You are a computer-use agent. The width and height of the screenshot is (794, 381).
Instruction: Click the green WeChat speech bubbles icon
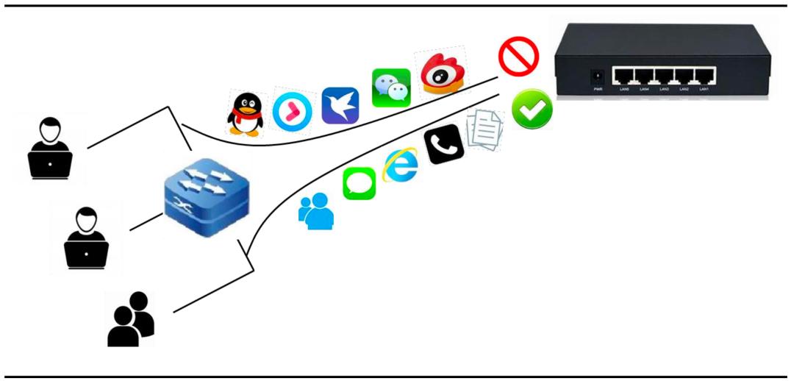(390, 88)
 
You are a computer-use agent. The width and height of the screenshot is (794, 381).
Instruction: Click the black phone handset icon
(444, 142)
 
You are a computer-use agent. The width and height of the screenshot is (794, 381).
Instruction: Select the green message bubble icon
(360, 183)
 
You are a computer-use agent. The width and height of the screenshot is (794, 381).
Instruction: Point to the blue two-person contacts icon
(316, 211)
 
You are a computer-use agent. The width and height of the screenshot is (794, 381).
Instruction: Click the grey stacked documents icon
(485, 129)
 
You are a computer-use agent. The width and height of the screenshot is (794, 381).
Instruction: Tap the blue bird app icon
(340, 105)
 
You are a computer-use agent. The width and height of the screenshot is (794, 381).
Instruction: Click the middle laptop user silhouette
(87, 238)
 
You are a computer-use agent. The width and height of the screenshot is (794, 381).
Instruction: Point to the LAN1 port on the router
(704, 75)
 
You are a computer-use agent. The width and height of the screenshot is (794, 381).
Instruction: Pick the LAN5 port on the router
(623, 75)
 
